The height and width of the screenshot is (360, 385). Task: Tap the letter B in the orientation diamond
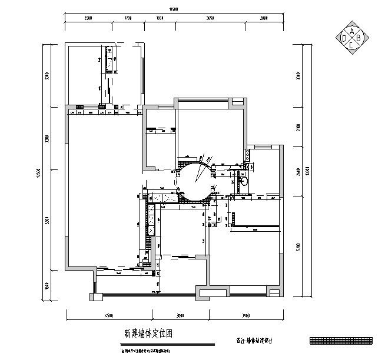pyautogui.click(x=360, y=38)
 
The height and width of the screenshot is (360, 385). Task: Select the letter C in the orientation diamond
pyautogui.click(x=352, y=45)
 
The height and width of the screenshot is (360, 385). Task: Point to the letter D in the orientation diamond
pyautogui.click(x=344, y=38)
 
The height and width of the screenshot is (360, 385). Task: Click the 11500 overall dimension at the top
pyautogui.click(x=174, y=9)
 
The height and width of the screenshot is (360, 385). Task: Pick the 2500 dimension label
pyautogui.click(x=88, y=19)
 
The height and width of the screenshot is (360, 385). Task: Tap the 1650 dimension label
pyautogui.click(x=158, y=19)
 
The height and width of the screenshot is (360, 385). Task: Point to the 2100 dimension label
pyautogui.click(x=298, y=128)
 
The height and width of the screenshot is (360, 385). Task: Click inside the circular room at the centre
pyautogui.click(x=194, y=182)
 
